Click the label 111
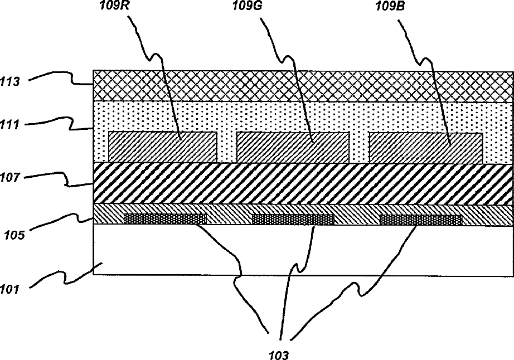[x=11, y=125]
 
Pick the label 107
[x=11, y=178]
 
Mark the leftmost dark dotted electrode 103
[x=164, y=219]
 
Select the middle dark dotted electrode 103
[x=293, y=219]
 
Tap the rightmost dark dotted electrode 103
[x=420, y=220]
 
